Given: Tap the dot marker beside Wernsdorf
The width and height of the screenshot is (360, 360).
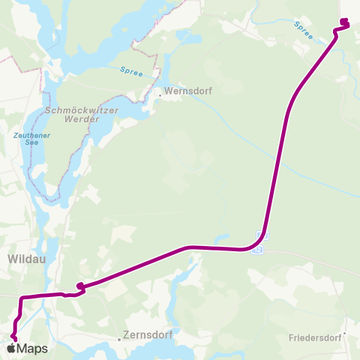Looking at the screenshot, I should tap(160, 95).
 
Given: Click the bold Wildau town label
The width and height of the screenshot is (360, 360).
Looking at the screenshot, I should tap(26, 259).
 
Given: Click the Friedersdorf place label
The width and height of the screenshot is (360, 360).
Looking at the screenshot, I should tap(314, 338).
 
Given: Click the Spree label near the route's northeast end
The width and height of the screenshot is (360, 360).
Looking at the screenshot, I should tap(303, 29).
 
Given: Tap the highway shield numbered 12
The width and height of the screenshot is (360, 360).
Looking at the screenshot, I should tap(259, 250).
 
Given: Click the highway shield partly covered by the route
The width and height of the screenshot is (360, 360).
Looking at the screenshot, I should tap(261, 236).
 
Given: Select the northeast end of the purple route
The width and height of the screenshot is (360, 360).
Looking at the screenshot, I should tap(344, 20).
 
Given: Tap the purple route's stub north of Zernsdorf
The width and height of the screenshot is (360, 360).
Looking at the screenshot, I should tap(79, 285).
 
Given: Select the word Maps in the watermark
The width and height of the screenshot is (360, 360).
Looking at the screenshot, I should tap(32, 349).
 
